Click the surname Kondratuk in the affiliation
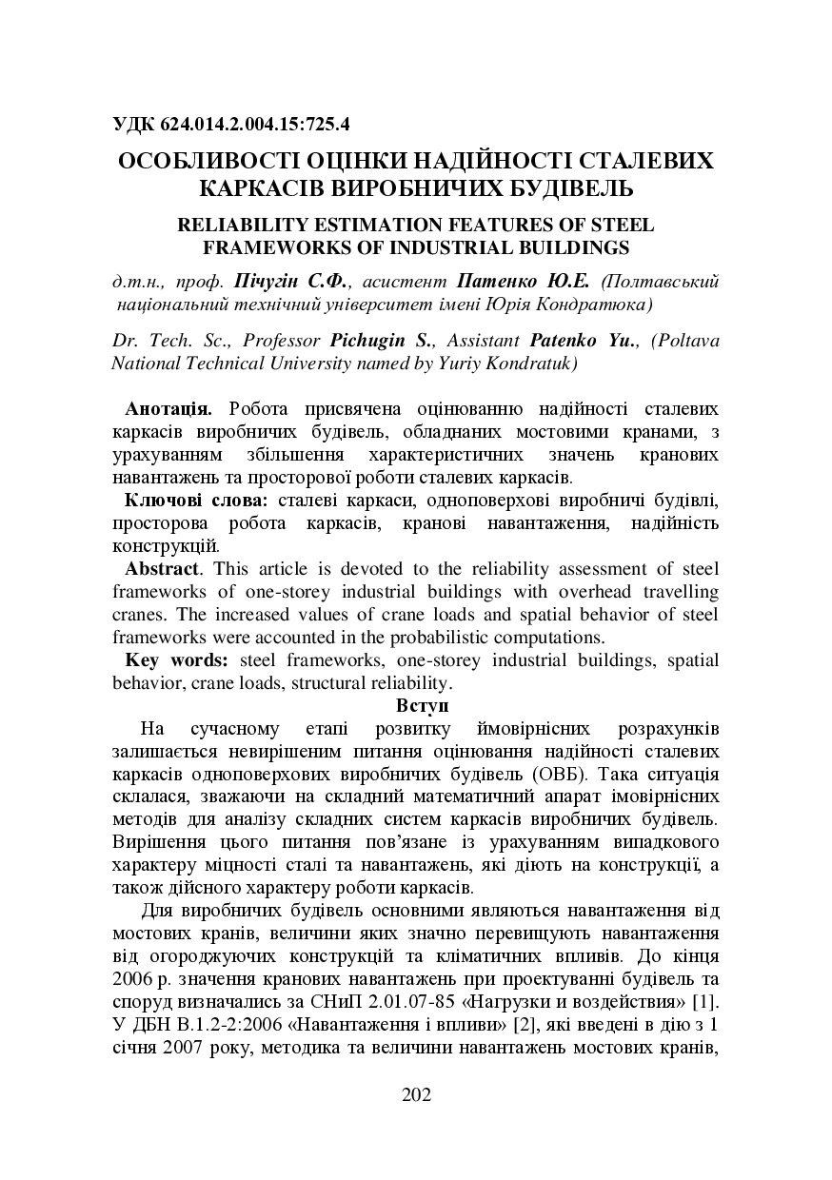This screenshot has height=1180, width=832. click(x=530, y=363)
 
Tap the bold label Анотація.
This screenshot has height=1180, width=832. click(x=168, y=408)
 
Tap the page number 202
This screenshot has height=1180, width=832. click(x=417, y=1094)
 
